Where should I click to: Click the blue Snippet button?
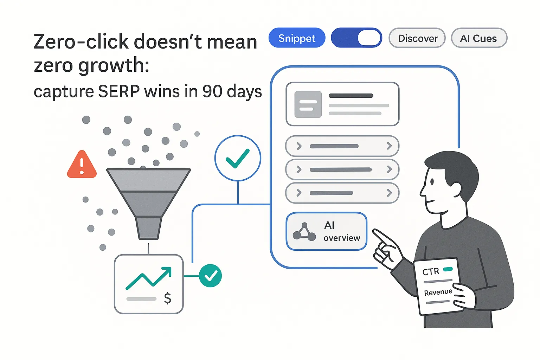click(297, 38)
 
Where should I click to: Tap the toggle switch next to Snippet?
click(356, 38)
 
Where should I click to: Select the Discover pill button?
click(417, 38)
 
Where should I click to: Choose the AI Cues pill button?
click(478, 38)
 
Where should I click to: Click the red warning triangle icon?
click(82, 165)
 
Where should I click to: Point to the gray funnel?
click(148, 200)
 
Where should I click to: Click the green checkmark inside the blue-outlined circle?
click(238, 159)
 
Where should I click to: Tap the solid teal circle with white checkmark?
click(210, 276)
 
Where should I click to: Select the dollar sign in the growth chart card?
click(168, 298)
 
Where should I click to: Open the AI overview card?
click(327, 231)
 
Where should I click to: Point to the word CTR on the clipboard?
click(431, 271)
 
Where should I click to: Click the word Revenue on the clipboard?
click(438, 292)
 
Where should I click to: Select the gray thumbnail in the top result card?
click(308, 104)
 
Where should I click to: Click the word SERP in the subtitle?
click(119, 91)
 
